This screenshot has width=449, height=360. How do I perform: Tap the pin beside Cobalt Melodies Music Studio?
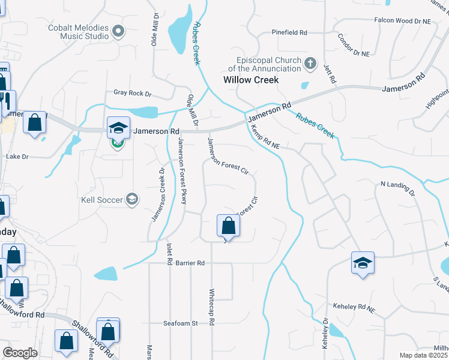click(x=118, y=31)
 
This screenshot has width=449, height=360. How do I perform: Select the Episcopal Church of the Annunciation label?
click(x=268, y=64)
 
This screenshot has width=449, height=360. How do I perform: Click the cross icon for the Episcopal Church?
click(x=310, y=63)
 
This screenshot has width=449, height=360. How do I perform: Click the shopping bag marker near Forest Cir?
click(x=228, y=226)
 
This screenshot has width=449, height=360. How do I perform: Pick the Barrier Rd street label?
click(x=190, y=263)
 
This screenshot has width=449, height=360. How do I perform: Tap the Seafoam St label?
click(x=181, y=323)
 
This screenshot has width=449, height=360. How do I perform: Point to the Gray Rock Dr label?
click(x=133, y=94)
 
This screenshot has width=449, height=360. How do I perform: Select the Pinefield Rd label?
click(x=289, y=32)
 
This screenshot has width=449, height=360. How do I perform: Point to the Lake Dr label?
click(x=17, y=156)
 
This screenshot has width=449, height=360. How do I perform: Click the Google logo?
click(x=20, y=353)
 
